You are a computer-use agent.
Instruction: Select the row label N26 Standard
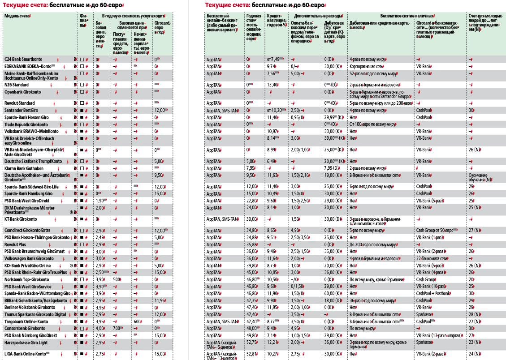(17, 85)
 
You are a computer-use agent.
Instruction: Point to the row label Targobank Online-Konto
(26, 321)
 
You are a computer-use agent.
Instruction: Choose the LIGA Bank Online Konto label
(25, 354)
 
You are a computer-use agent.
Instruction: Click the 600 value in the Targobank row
(137, 321)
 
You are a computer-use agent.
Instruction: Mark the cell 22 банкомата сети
(432, 258)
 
